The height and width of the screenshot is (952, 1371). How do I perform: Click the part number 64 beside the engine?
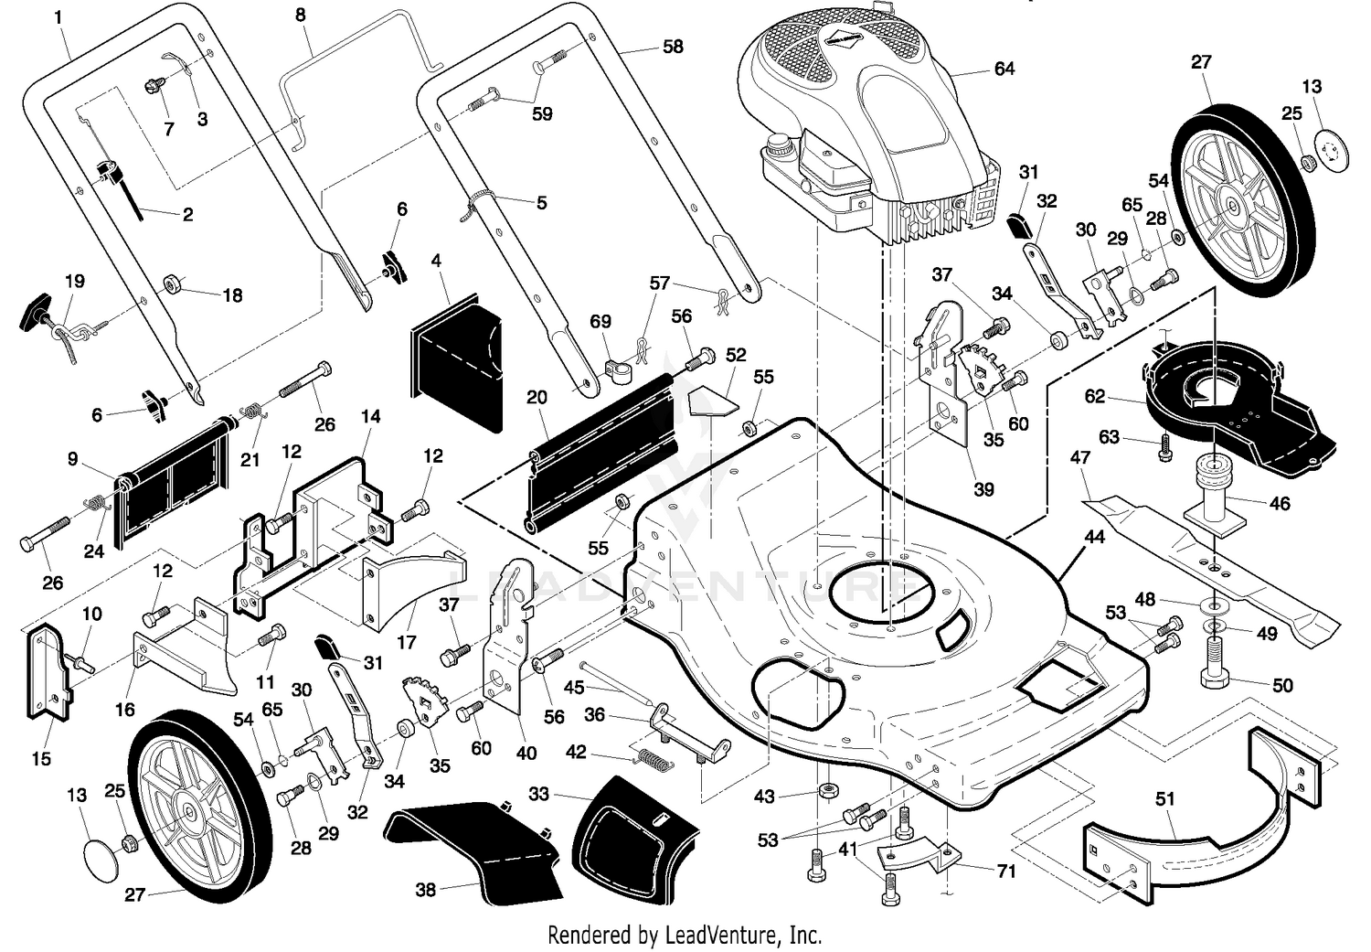(x=1004, y=69)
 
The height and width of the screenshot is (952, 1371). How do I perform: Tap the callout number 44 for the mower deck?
(x=1094, y=537)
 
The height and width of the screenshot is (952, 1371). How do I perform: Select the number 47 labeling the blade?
(x=1080, y=457)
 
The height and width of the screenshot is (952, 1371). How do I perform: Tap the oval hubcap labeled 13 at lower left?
(x=101, y=861)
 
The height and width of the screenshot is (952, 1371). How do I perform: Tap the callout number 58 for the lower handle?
(x=674, y=47)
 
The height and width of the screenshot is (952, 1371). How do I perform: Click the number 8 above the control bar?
(x=301, y=15)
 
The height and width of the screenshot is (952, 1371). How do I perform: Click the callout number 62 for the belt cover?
(x=1094, y=396)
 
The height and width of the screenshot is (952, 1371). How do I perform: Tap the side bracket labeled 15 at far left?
(x=49, y=670)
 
